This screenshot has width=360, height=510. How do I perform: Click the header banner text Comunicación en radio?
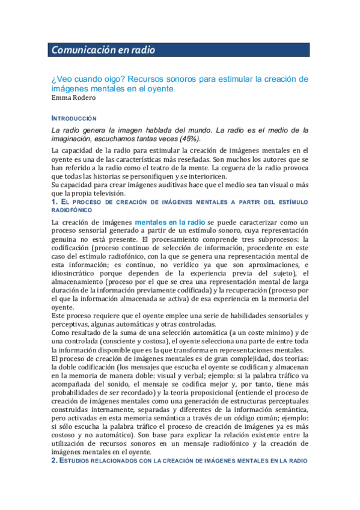click(103, 51)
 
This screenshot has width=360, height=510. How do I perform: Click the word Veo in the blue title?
click(64, 79)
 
